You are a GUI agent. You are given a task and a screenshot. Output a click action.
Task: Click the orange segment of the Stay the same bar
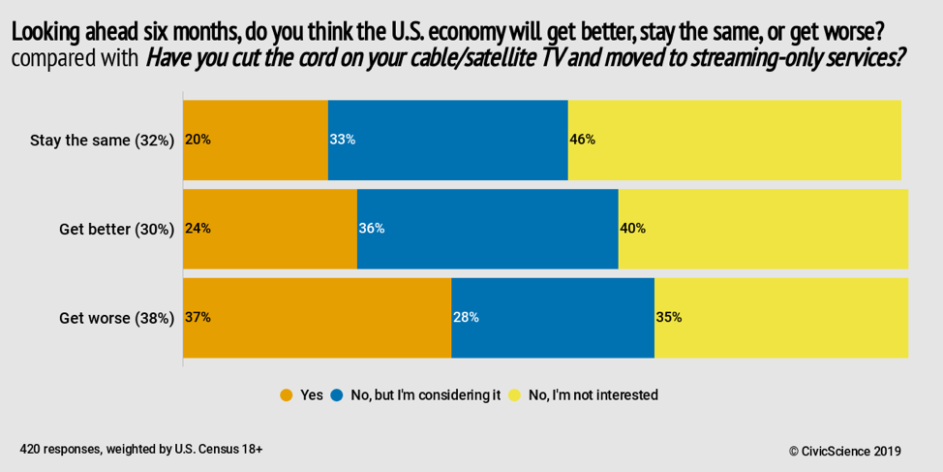pos(256,140)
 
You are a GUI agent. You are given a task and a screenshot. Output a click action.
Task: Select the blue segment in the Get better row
pos(487,229)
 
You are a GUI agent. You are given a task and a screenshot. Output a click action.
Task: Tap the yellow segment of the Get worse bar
pos(780,317)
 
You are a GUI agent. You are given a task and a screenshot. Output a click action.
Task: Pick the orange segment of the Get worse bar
pos(317,317)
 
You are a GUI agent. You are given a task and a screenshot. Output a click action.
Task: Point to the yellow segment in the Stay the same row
pos(734,140)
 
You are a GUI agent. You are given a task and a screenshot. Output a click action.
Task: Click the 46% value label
pos(582,140)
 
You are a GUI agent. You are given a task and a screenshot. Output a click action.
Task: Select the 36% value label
pos(372,229)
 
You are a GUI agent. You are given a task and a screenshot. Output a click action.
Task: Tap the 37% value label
pos(198,317)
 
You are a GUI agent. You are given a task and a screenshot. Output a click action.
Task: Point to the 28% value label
pos(466,317)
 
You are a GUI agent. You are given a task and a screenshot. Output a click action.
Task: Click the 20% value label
pos(198,140)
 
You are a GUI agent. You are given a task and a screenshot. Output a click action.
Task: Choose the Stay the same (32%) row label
pos(102,140)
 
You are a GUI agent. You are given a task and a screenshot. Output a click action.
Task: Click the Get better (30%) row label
pos(116,229)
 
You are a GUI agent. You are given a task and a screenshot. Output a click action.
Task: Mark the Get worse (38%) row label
pos(116,317)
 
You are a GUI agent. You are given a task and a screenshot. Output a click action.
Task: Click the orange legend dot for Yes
pos(287,395)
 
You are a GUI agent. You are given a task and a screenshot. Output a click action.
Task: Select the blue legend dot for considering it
pos(337,395)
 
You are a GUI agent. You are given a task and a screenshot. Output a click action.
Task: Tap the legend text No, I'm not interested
pos(593,395)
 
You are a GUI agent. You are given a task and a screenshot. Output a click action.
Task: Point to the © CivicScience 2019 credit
pos(844,451)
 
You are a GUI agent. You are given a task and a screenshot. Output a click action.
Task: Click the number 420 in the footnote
pos(30,450)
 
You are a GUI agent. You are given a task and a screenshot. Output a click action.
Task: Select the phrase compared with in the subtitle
pos(75,59)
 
